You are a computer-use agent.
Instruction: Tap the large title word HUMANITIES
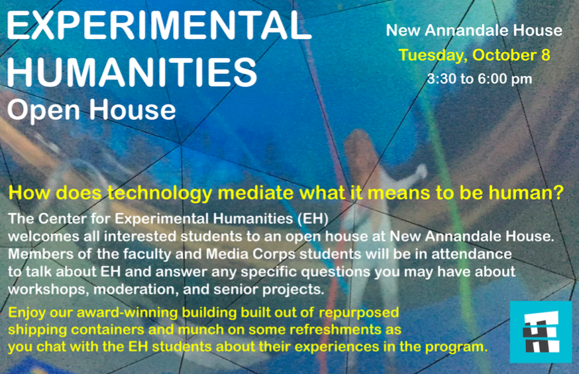(132, 71)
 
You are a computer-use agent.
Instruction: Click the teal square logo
(541, 332)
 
